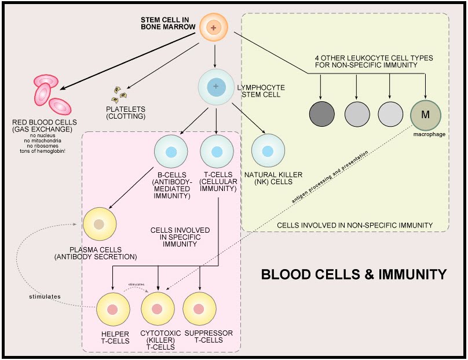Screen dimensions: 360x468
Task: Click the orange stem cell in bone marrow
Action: tap(214, 28)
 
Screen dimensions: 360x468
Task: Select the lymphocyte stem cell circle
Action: tap(216, 87)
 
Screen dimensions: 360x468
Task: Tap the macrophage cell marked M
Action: tap(425, 114)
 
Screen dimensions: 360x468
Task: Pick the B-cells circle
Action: tap(171, 152)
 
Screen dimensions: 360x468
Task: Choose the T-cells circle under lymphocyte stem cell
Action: tap(216, 152)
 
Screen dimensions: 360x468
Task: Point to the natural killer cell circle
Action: tap(268, 152)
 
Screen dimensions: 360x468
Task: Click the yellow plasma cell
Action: tap(100, 224)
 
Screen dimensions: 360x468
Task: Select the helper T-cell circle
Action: tap(113, 308)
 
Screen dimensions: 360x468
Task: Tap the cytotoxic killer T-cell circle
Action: tap(157, 308)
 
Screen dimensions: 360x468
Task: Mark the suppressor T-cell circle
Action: tap(199, 308)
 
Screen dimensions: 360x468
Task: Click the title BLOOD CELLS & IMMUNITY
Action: tap(354, 274)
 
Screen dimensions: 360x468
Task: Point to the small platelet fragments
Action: tap(119, 94)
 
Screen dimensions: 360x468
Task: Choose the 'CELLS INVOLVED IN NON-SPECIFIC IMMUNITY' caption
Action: tap(354, 225)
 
